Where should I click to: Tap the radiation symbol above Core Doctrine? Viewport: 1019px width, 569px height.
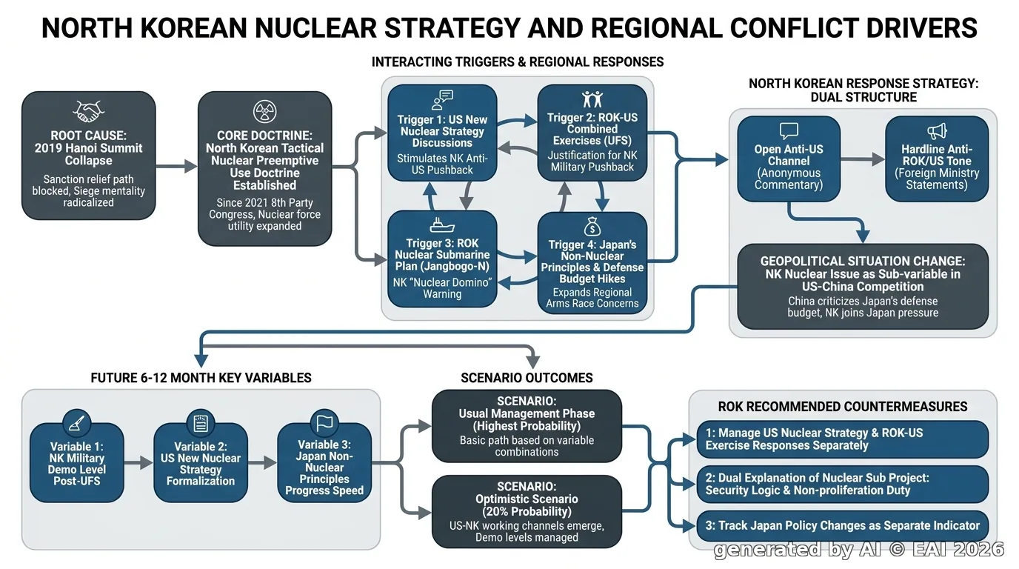[x=265, y=112]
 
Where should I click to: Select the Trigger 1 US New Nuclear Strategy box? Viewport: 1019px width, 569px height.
[x=442, y=133]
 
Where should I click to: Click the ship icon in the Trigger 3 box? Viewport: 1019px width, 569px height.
[x=441, y=226]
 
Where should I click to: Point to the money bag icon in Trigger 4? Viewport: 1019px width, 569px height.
[x=592, y=227]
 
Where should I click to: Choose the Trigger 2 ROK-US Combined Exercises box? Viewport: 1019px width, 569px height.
[x=592, y=133]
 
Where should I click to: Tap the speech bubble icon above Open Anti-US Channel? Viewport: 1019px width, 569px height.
[x=789, y=131]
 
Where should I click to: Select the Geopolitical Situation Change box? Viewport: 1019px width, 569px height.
[x=863, y=287]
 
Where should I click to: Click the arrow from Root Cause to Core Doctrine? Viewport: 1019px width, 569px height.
[x=176, y=166]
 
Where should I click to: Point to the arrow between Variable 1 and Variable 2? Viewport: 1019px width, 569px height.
[x=138, y=463]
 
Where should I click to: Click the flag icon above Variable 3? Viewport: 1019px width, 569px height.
[x=324, y=423]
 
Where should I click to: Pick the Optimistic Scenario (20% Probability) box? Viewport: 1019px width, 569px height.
[x=527, y=512]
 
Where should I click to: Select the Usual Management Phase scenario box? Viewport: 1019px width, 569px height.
[x=527, y=426]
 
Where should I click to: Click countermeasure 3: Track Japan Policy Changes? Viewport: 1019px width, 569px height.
[x=843, y=526]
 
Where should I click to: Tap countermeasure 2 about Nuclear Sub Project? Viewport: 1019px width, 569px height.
[x=843, y=484]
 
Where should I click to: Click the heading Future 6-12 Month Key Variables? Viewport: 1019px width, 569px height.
[x=201, y=378]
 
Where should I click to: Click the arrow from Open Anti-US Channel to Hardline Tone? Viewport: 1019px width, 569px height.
[x=863, y=159]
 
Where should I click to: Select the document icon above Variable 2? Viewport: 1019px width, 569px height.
[x=201, y=423]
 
